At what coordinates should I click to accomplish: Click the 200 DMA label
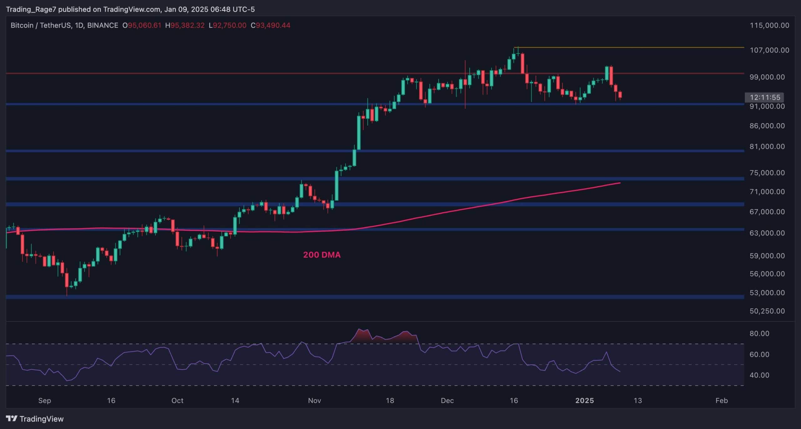pos(322,255)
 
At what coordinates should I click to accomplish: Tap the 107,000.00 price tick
pos(769,50)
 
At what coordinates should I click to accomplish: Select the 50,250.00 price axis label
pos(767,311)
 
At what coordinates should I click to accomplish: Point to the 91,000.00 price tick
pos(767,106)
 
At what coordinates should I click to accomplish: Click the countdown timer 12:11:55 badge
pos(765,97)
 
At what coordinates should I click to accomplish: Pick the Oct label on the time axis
pos(177,401)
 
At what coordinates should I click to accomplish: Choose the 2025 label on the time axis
pos(584,401)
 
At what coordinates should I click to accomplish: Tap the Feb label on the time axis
pos(722,401)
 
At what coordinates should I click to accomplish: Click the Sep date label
pos(44,401)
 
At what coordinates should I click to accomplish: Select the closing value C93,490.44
pos(270,25)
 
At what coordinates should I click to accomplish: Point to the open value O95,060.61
pos(142,25)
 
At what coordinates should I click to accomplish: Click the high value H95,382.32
pos(185,25)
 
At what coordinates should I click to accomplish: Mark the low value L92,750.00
pos(227,25)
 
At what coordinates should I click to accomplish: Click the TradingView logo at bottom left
pos(35,419)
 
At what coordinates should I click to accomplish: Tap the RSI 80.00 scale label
pos(759,333)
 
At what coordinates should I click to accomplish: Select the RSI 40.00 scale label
pos(759,375)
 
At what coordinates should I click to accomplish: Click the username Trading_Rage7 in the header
pos(31,9)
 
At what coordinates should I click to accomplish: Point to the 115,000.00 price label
pos(769,25)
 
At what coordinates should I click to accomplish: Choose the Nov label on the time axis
pos(314,401)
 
